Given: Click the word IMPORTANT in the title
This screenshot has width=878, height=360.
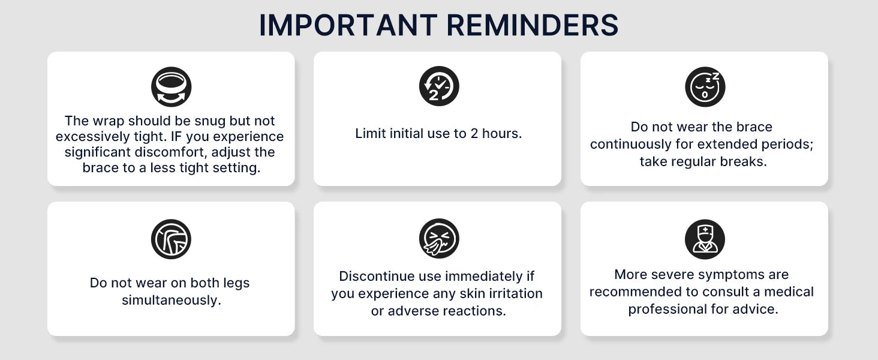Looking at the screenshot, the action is point(348,25).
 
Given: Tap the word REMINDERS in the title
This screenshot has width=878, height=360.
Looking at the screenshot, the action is point(533,25).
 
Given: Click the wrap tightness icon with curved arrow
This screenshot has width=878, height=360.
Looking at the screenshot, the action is point(172,86).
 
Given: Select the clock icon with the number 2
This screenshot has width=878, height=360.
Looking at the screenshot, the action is point(439,86).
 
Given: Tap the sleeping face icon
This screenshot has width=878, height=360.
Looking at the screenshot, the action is point(705,86).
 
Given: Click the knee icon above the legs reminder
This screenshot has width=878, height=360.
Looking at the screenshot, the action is point(171,239).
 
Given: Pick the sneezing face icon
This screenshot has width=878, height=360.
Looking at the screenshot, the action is point(439,238).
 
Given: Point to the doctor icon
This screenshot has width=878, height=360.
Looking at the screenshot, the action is point(705,239).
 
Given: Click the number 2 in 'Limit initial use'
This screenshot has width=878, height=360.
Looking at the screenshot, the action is point(474,134).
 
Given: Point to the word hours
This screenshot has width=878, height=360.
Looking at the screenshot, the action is point(502,134).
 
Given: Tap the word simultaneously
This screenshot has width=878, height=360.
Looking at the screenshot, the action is point(172,301).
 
